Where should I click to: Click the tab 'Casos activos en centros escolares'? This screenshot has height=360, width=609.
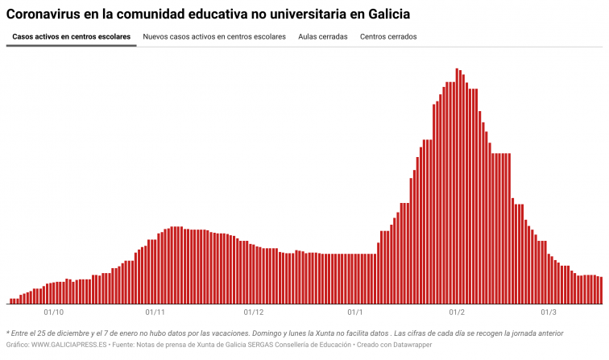click(x=71, y=37)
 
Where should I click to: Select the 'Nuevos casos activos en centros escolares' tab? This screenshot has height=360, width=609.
click(x=214, y=37)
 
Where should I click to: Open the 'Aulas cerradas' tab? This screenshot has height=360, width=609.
click(x=323, y=37)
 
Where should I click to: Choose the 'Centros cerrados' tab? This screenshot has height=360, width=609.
click(x=388, y=37)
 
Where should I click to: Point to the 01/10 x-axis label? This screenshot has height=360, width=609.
click(x=54, y=312)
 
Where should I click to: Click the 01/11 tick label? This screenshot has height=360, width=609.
click(x=155, y=312)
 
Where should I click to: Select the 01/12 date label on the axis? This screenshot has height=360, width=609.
click(x=254, y=312)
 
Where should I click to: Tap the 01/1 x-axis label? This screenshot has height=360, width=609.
click(x=355, y=312)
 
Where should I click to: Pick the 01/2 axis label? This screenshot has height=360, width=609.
click(x=457, y=312)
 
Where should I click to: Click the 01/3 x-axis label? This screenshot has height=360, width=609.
click(x=549, y=312)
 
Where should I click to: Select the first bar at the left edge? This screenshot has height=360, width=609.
click(x=11, y=301)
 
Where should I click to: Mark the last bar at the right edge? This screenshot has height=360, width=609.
click(x=601, y=290)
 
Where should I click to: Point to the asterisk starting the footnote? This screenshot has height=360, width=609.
click(x=8, y=333)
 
